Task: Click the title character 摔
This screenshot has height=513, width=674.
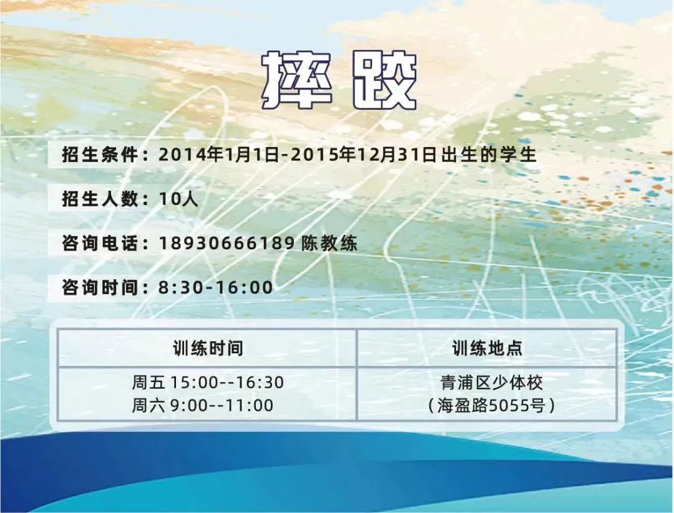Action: coord(296,80)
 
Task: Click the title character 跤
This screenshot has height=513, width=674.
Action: coord(384,80)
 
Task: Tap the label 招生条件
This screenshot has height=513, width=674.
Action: coord(100,155)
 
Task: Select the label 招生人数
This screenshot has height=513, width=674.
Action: coord(100,199)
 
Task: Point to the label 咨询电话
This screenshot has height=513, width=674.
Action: coord(100,243)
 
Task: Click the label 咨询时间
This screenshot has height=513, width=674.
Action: coord(100,287)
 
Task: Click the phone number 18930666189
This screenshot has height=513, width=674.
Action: coord(227,243)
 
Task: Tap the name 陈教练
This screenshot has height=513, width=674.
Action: coord(330,243)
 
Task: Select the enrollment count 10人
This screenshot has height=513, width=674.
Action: coord(178,199)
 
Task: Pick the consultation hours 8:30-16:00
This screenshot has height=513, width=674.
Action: coord(216,287)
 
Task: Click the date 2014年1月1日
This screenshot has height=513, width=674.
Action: coord(219,155)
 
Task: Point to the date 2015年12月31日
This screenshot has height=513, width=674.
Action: coord(364,155)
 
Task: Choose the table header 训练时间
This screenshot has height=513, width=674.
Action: coord(208,348)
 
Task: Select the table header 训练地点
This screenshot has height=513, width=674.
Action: coord(487,348)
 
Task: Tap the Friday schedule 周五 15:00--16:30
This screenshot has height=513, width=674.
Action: coord(208,382)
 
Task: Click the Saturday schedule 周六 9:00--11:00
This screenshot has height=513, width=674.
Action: coord(202,405)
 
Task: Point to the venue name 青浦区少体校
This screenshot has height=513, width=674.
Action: coord(491,382)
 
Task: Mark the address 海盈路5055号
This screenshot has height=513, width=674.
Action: coord(491,405)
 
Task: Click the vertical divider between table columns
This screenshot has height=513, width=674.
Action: coord(357,375)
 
